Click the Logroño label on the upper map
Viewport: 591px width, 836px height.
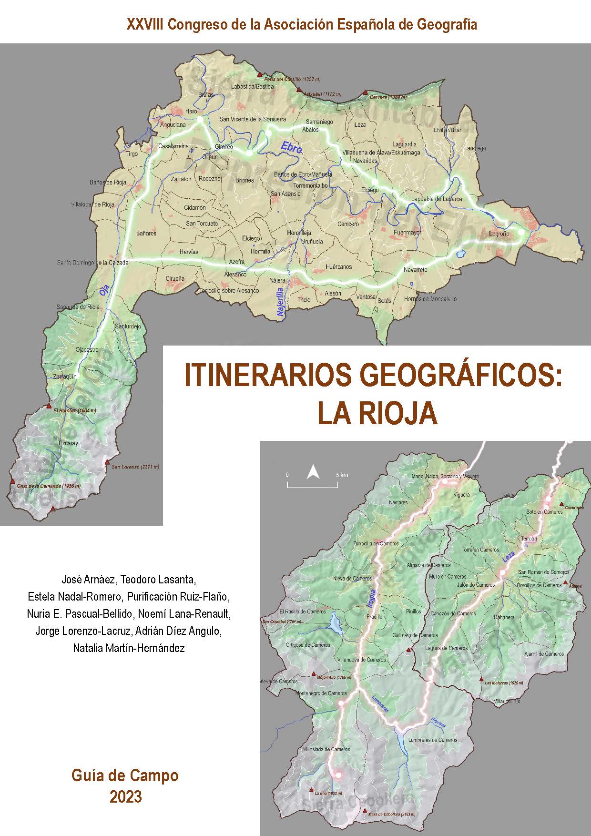point(499,234)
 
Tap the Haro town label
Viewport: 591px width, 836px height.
point(191,112)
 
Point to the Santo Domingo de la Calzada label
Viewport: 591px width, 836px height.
point(92,263)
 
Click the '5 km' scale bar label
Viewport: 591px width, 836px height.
point(341,475)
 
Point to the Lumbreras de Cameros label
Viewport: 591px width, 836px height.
point(433,740)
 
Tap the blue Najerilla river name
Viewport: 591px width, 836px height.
point(281,302)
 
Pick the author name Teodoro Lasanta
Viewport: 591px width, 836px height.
point(158,580)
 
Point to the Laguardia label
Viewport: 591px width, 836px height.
point(405,144)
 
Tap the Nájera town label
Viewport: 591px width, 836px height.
point(277,280)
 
